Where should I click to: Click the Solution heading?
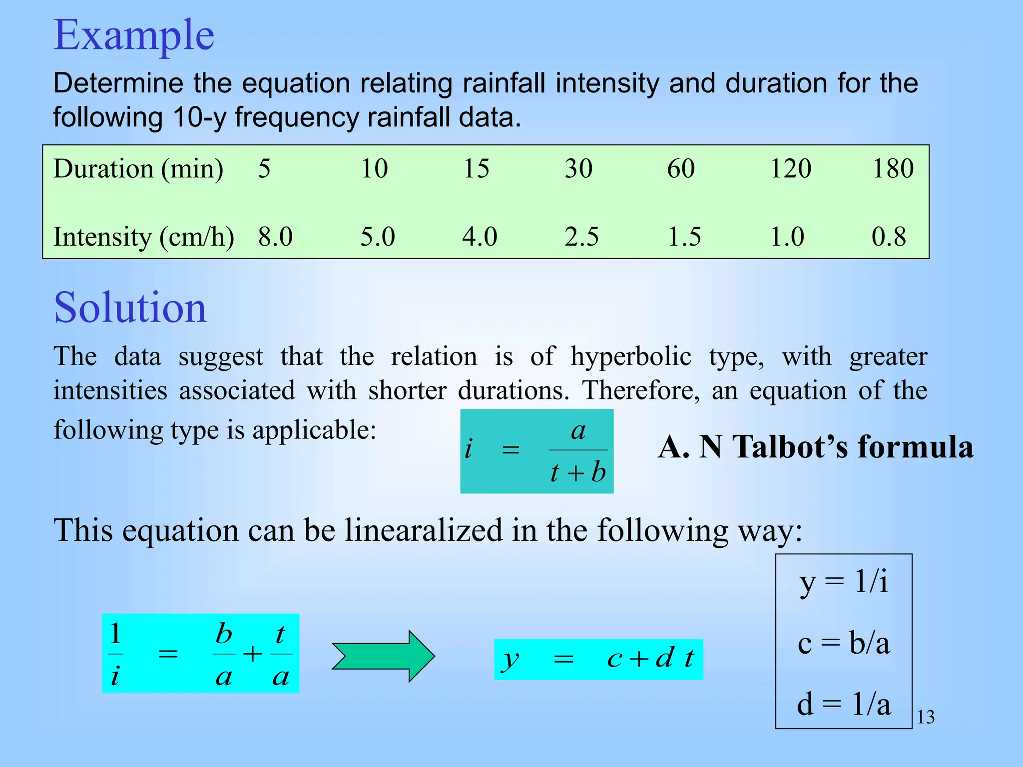point(130,308)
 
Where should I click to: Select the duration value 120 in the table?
point(790,169)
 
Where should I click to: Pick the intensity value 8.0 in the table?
point(275,237)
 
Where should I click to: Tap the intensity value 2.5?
point(581,237)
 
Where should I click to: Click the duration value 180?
point(893,169)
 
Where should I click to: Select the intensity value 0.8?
point(889,237)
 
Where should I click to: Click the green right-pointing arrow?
point(383,656)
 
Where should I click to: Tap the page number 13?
point(926,718)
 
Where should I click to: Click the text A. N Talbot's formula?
point(815,447)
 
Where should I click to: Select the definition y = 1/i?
point(844,582)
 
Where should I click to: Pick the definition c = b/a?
point(844,643)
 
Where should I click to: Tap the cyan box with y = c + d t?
point(598,659)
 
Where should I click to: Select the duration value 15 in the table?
point(476,169)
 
